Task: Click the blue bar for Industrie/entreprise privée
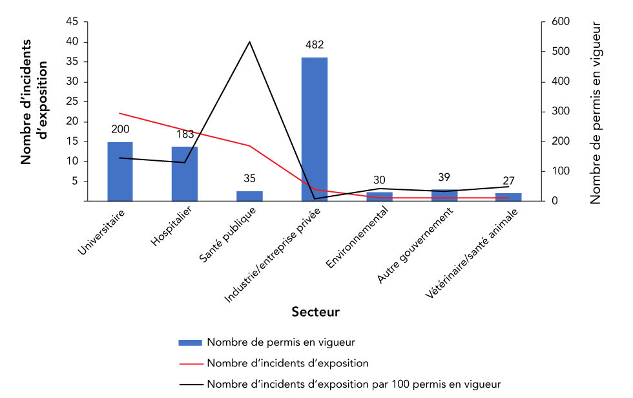click(x=314, y=129)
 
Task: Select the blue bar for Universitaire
click(x=120, y=171)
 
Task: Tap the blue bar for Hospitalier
click(x=185, y=174)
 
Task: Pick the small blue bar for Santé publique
click(x=249, y=196)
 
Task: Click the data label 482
click(x=315, y=45)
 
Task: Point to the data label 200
click(x=120, y=130)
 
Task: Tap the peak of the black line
click(x=249, y=42)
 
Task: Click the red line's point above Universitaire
click(x=120, y=114)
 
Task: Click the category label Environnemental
click(x=359, y=236)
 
